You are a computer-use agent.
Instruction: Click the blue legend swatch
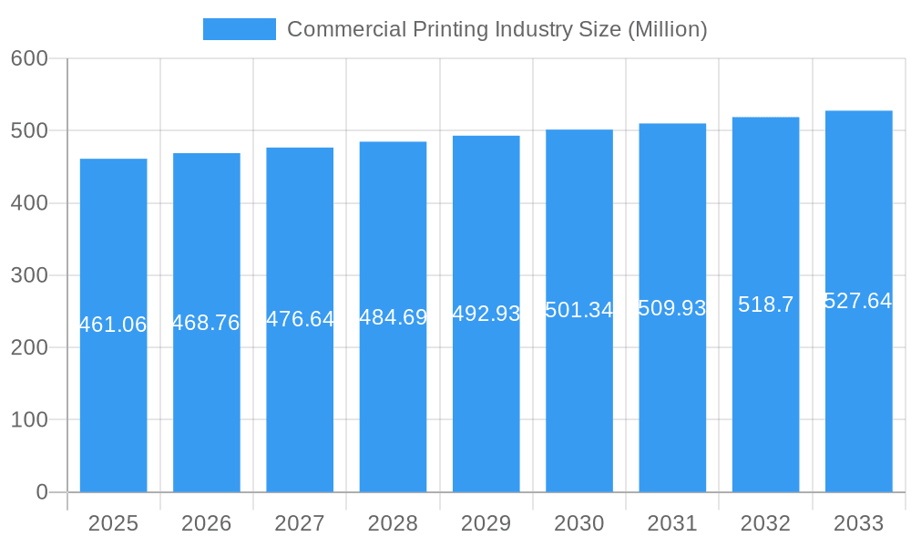239,29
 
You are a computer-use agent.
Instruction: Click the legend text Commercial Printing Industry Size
496,29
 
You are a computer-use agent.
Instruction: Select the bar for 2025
113,401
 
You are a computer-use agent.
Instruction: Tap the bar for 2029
486,401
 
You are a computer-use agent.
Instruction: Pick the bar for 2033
858,401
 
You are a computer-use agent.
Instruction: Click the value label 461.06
113,325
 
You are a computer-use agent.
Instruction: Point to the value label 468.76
206,323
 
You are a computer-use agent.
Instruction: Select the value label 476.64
300,319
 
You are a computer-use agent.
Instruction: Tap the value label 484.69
393,317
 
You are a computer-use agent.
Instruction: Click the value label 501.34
579,310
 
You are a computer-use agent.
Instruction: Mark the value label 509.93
672,308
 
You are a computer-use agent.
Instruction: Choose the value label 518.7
765,304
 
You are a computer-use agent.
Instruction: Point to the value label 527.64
858,301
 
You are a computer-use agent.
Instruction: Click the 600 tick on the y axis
29,58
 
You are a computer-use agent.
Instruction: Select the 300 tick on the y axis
29,275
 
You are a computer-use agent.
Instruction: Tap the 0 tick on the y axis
42,492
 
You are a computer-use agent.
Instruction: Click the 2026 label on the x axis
206,523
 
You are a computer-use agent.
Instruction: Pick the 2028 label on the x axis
393,523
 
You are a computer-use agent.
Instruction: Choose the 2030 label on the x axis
579,523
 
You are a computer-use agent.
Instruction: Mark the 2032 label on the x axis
765,523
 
